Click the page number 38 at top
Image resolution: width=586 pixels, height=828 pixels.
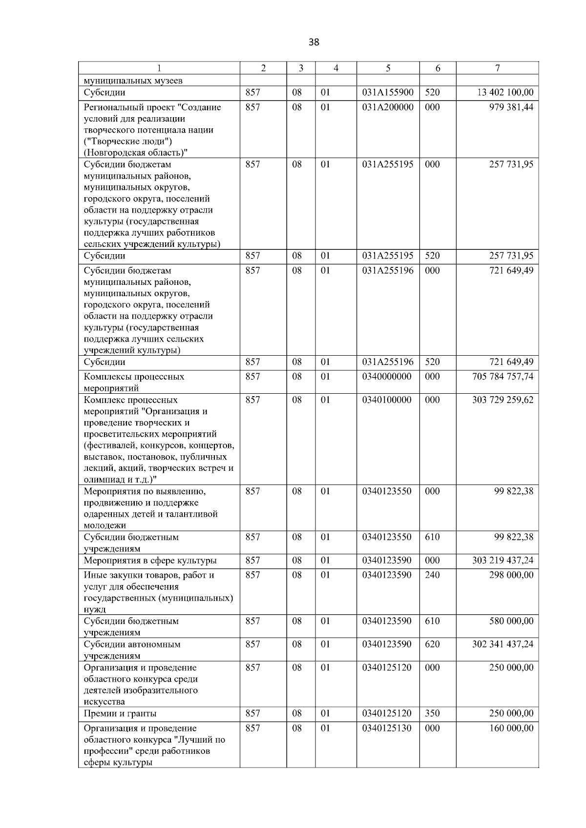point(314,42)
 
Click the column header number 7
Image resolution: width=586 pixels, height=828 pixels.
point(497,68)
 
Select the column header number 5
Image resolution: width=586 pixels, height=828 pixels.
point(388,68)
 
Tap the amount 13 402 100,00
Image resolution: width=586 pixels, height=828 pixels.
point(505,93)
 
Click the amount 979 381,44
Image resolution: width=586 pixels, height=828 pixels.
point(511,107)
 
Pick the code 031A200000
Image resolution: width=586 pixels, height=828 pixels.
point(388,107)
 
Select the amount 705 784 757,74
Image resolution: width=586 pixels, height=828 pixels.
point(502,377)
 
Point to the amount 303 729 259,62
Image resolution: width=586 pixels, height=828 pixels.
point(502,400)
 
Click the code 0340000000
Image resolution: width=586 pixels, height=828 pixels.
point(387,377)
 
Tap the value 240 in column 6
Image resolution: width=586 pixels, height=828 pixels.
point(432,575)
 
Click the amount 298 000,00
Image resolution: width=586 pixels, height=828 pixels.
point(511,575)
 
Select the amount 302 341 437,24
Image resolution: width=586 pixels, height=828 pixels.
point(502,645)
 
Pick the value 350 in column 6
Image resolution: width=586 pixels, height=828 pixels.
point(432,714)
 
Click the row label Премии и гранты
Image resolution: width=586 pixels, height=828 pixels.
point(120,714)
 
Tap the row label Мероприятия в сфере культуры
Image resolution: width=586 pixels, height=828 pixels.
point(150,561)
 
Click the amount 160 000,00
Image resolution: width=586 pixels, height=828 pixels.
point(511,728)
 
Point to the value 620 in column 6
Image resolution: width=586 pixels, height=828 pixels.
point(432,645)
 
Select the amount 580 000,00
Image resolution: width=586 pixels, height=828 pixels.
point(511,622)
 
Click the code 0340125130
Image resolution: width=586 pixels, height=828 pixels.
point(387,728)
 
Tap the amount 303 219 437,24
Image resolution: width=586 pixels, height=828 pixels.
point(502,561)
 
